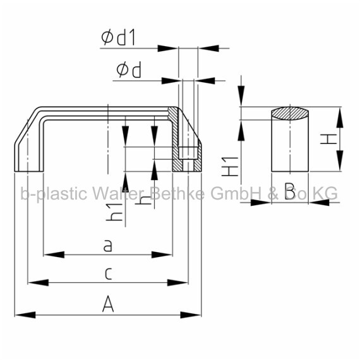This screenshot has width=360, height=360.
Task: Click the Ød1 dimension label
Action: pyautogui.click(x=119, y=38)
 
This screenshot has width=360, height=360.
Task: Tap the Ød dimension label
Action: pyautogui.click(x=129, y=71)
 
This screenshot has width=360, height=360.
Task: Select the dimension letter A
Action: pyautogui.click(x=108, y=304)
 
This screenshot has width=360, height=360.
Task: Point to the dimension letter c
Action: pyautogui.click(x=108, y=273)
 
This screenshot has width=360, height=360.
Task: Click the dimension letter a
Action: pyautogui.click(x=107, y=246)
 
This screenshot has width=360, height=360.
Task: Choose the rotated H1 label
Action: pyautogui.click(x=230, y=167)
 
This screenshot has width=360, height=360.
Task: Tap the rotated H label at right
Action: pyautogui.click(x=328, y=139)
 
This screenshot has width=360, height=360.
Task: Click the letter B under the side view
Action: pyautogui.click(x=290, y=191)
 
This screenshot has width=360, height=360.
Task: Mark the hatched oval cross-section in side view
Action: pyautogui.click(x=290, y=114)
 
